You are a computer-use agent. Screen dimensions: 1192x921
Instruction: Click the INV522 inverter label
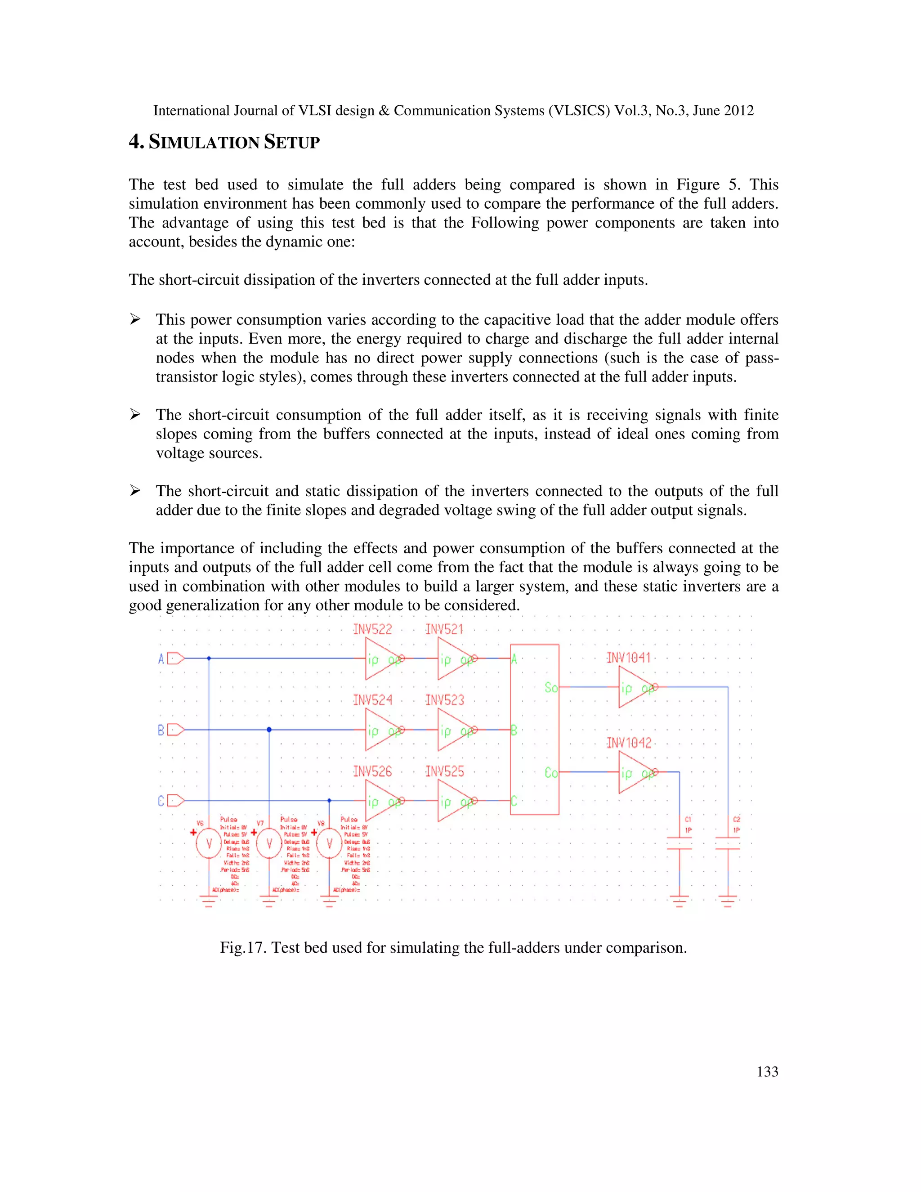(373, 629)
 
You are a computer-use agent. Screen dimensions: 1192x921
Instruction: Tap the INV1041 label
(629, 658)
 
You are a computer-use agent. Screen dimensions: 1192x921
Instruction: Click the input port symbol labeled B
(175, 730)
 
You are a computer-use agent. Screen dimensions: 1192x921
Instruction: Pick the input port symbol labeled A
(175, 659)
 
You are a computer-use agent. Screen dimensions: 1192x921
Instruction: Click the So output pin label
(550, 687)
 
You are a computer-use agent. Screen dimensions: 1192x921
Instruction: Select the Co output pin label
(550, 773)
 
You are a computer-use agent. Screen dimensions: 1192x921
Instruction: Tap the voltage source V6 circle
(208, 844)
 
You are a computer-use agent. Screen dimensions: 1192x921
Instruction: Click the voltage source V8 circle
(329, 844)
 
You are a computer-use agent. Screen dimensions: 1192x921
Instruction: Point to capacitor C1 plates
(680, 843)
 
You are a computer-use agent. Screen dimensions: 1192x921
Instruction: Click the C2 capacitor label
(736, 820)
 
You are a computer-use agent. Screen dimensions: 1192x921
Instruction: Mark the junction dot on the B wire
(269, 730)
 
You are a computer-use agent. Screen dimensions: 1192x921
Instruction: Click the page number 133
(767, 1071)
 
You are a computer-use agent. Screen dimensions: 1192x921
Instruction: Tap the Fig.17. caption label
(243, 947)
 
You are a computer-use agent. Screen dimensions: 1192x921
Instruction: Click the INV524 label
(373, 700)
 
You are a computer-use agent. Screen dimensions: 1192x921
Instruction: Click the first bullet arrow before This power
(135, 319)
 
